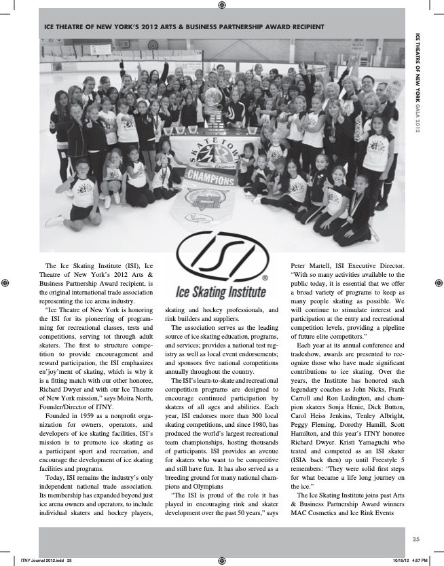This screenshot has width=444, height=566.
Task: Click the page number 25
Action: click(x=416, y=539)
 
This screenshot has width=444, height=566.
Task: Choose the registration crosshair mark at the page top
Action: click(x=222, y=5)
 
